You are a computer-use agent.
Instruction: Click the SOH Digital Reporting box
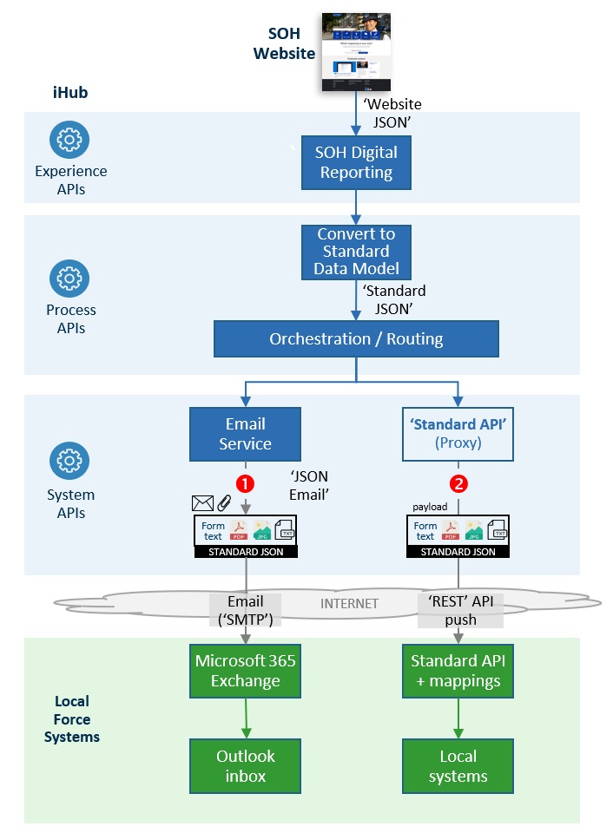coord(356,162)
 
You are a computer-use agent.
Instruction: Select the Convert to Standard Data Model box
coord(356,252)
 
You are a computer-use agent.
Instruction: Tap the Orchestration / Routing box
coord(356,339)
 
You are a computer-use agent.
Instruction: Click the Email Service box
coord(245,434)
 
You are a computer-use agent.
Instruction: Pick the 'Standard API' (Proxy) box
coord(458,434)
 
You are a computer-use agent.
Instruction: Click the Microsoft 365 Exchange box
coord(245,671)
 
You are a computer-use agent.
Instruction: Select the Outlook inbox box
coord(245,765)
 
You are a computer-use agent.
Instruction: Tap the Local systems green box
coord(458,765)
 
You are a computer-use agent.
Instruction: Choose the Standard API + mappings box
coord(458,671)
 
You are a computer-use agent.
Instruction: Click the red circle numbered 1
coord(246,482)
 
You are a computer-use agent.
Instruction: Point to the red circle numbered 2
coord(458,482)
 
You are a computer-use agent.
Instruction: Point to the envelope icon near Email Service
coord(201,502)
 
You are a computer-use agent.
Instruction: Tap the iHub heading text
coord(70,92)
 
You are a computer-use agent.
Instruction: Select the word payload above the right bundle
coord(429,505)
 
